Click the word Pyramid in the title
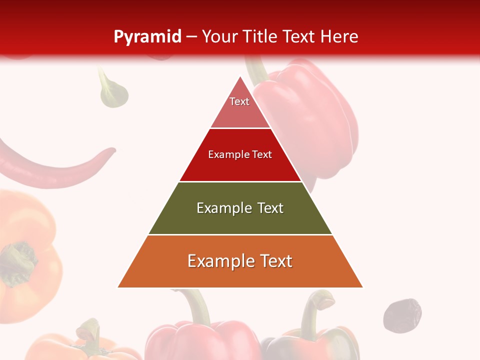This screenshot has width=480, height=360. pyautogui.click(x=147, y=36)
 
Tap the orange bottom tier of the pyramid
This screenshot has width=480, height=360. pyautogui.click(x=240, y=275)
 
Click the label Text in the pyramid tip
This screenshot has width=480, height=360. pyautogui.click(x=239, y=101)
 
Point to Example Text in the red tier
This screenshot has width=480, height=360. pyautogui.click(x=240, y=154)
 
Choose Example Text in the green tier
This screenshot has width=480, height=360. pyautogui.click(x=240, y=208)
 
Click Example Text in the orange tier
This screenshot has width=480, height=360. pyautogui.click(x=240, y=261)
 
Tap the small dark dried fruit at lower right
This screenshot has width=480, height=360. pyautogui.click(x=402, y=314)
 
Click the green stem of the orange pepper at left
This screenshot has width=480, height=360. pyautogui.click(x=20, y=260)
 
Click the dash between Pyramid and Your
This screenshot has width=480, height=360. pyautogui.click(x=191, y=36)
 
